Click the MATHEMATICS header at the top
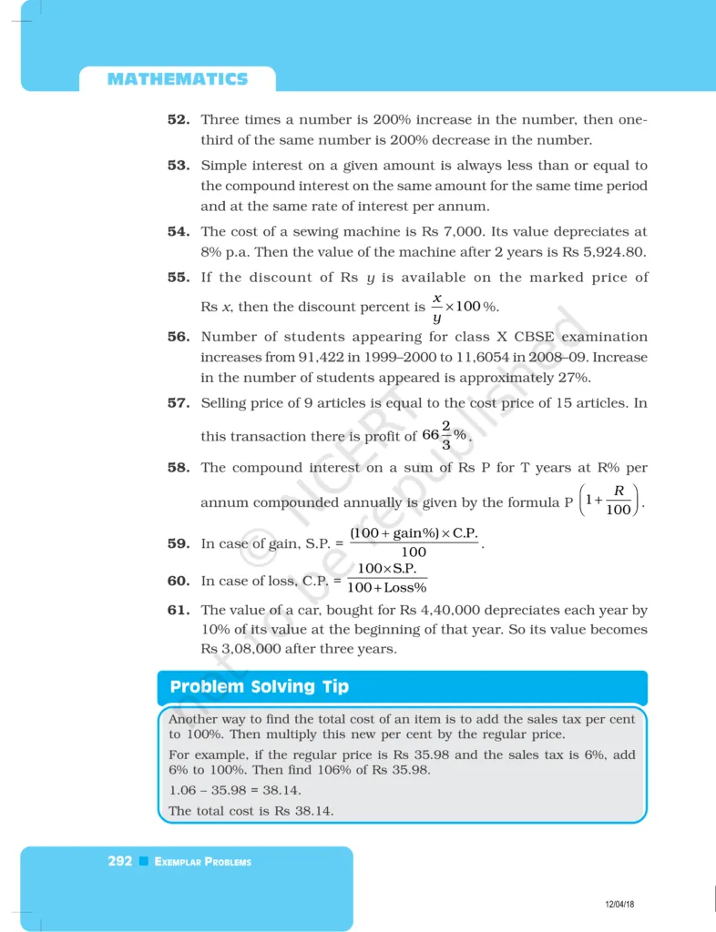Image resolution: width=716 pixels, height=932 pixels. (x=177, y=79)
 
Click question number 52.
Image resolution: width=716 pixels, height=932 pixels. (x=178, y=119)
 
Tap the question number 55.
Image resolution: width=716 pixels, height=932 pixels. (x=178, y=277)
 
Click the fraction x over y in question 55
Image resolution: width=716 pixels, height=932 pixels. (x=436, y=308)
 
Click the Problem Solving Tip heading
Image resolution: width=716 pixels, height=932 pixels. (x=260, y=687)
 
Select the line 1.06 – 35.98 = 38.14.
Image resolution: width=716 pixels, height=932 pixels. (x=235, y=790)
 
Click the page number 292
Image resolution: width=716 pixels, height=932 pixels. (x=120, y=861)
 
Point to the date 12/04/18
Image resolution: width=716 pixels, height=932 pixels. (x=619, y=903)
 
